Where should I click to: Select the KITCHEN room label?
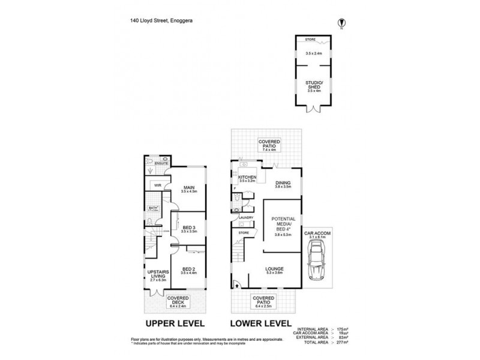pyautogui.click(x=248, y=178)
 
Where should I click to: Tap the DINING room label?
pyautogui.click(x=283, y=183)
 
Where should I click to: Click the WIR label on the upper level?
pyautogui.click(x=157, y=185)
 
